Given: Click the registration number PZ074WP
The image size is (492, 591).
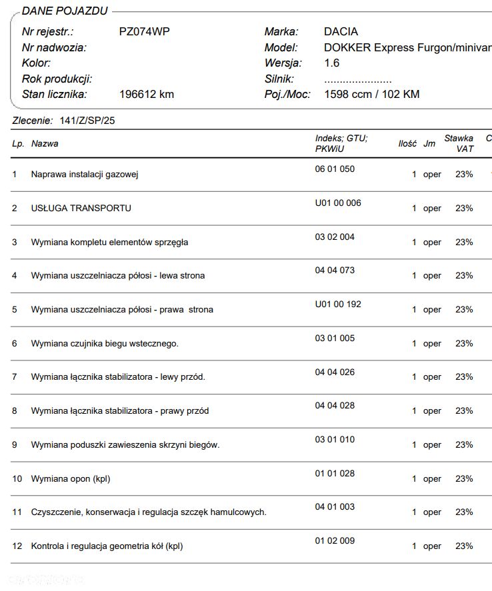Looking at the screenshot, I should point(144,31).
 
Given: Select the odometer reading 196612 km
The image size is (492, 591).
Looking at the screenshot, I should point(146,94).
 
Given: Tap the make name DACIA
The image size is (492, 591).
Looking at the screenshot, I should point(341,31).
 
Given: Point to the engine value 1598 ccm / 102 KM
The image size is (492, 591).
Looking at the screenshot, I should point(371,94).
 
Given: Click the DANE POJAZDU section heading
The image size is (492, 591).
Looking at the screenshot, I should point(64,11).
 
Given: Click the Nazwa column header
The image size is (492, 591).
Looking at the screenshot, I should point(45,143).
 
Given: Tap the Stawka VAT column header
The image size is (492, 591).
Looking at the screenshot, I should point(459,143).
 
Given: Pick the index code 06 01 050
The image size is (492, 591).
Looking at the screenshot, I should point(335,169).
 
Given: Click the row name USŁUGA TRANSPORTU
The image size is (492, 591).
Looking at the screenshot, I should point(81,208).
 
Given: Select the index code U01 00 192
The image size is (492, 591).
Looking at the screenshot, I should point(338,304).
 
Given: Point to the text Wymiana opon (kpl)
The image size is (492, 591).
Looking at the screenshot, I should point(71,478).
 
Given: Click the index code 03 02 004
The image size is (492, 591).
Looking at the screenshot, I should point(335,237).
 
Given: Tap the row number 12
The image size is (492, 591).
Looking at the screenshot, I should point(17,546).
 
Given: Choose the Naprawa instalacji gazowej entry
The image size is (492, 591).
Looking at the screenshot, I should point(84,175).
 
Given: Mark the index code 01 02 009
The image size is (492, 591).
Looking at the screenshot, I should point(335,540).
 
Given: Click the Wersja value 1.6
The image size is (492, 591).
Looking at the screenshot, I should point(331,63).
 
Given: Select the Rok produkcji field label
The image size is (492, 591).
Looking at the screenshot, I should point(57,79).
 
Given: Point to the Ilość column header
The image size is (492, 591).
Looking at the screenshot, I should point(407,143).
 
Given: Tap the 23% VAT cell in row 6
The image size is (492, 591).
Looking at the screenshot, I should point(464,343).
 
